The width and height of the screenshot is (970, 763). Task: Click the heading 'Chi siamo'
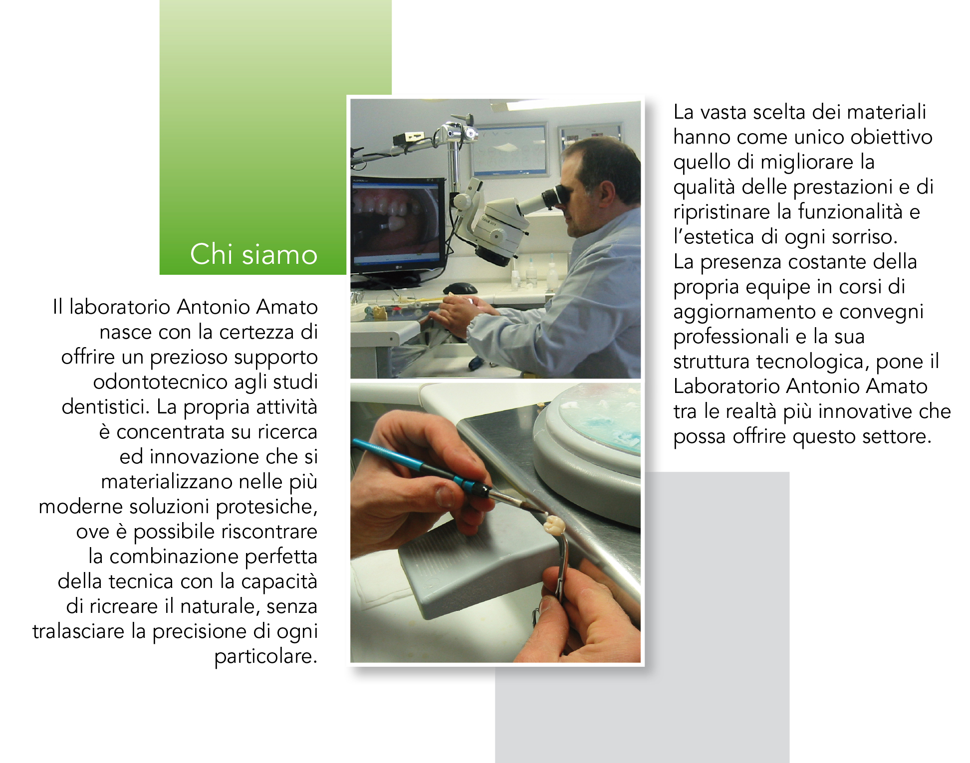(253, 254)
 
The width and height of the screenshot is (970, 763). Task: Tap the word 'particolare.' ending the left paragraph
(266, 656)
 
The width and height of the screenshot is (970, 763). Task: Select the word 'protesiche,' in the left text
(267, 507)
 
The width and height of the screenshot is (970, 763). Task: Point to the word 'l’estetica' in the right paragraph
(714, 236)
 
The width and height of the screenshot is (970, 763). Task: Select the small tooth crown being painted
(554, 525)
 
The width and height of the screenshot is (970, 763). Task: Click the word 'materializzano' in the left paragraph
(167, 482)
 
